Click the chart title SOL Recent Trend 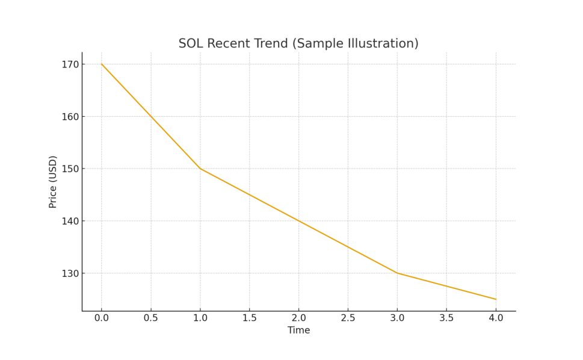[298, 44]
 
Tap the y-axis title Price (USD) [53, 182]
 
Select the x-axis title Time [298, 331]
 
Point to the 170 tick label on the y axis [71, 64]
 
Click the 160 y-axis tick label [71, 116]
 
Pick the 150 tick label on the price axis [71, 169]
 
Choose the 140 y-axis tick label [71, 221]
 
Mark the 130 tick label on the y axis [71, 273]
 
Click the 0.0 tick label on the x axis [102, 318]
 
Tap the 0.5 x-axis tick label [151, 318]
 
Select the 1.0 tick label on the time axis [200, 318]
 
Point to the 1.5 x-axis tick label [250, 318]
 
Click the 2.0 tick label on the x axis [299, 318]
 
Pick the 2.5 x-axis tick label [348, 318]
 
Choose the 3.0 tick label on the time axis [397, 318]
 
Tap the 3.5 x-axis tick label [446, 318]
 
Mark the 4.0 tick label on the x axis [496, 318]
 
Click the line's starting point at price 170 [102, 64]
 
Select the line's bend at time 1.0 [200, 169]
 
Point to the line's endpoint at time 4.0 [496, 299]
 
